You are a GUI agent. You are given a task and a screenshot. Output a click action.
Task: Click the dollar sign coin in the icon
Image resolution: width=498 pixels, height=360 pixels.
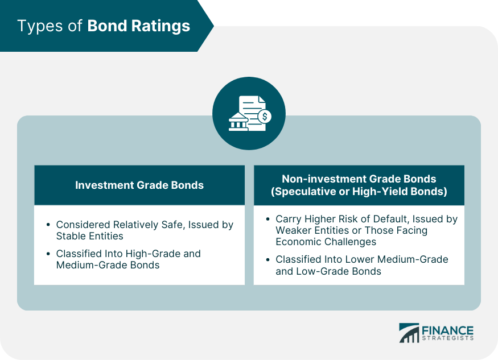265,117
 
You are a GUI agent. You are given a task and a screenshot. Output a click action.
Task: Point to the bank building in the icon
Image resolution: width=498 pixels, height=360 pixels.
238,121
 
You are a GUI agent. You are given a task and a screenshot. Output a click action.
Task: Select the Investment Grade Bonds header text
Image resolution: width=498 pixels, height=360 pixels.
139,185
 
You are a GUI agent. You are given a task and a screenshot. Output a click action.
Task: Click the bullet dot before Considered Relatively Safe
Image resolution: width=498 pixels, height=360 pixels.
48,225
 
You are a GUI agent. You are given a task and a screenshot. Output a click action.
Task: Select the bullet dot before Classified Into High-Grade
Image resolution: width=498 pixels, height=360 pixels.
48,254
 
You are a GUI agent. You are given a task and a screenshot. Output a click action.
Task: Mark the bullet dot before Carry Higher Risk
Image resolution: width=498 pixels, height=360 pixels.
267,219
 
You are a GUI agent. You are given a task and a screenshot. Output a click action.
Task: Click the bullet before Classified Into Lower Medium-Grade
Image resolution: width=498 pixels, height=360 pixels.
267,259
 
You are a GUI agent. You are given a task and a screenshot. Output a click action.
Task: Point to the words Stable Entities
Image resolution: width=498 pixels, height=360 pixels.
90,236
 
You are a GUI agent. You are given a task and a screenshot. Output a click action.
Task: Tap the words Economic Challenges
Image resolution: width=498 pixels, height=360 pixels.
326,242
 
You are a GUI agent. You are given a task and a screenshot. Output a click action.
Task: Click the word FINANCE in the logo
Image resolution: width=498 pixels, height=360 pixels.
448,330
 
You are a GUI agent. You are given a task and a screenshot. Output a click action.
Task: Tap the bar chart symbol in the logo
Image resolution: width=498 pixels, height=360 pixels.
409,333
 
